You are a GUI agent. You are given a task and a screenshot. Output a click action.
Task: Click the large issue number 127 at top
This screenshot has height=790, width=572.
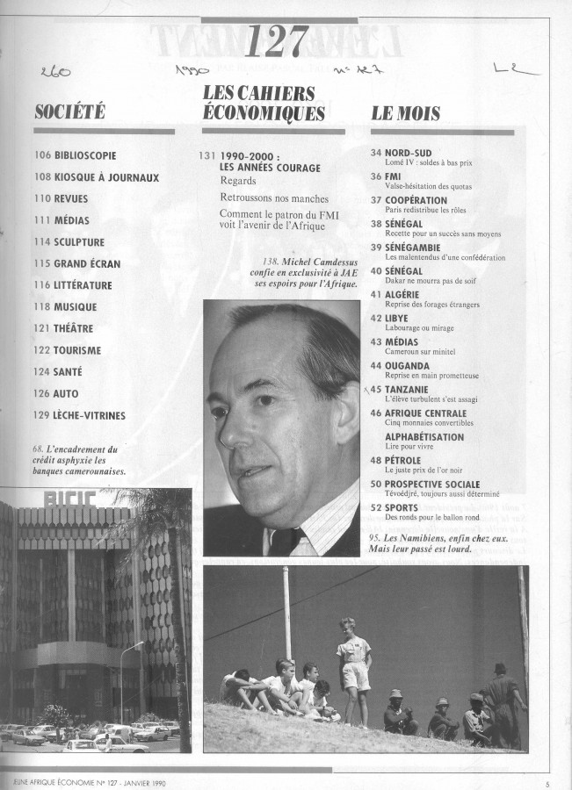[x=277, y=40]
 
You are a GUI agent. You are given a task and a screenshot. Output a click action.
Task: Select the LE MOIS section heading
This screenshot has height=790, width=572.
[x=405, y=112]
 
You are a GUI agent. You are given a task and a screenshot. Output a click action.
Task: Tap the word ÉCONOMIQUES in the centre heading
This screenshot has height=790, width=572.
[x=264, y=111]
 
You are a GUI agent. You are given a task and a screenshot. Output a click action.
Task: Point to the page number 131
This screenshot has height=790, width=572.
[x=207, y=155]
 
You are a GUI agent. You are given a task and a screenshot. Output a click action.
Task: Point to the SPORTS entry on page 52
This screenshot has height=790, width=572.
[x=407, y=507]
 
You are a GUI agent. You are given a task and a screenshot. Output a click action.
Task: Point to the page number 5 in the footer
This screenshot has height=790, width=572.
[x=547, y=784]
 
